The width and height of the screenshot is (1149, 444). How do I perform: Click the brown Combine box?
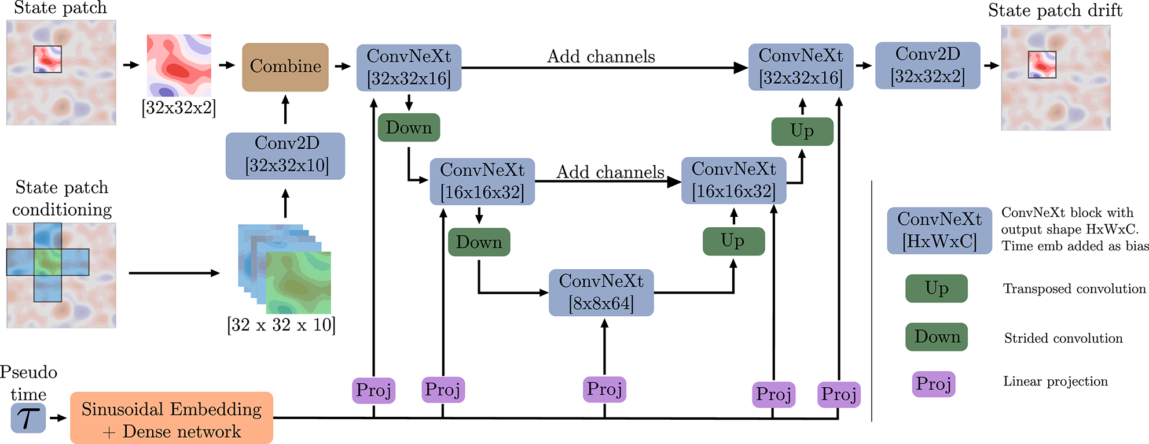[x=285, y=67]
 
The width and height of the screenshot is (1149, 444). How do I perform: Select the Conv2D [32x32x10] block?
[x=285, y=156]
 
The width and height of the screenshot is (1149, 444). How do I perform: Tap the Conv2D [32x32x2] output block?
[x=927, y=65]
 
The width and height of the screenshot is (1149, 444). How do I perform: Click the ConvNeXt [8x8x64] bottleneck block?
[x=601, y=293]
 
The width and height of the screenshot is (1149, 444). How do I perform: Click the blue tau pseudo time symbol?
[x=28, y=418]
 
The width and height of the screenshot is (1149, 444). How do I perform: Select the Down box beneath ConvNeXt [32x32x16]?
[x=409, y=128]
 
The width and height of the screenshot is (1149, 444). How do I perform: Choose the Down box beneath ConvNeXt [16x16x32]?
[x=479, y=242]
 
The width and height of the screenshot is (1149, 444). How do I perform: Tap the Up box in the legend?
[x=936, y=288]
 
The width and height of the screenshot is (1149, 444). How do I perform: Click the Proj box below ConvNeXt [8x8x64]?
[x=604, y=390]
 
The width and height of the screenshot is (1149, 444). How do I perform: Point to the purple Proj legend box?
[x=933, y=384]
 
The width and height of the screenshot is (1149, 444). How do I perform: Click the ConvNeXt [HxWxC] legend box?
[x=939, y=231]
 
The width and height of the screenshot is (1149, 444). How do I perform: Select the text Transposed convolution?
[x=1074, y=289]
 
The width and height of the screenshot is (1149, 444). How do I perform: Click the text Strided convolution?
[x=1063, y=339]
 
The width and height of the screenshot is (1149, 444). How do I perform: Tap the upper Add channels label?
[x=601, y=57]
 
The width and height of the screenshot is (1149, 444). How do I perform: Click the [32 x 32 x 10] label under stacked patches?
[x=281, y=325]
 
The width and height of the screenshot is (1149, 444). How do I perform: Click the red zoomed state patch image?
[x=179, y=65]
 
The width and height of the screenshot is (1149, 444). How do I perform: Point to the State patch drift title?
[x=1055, y=10]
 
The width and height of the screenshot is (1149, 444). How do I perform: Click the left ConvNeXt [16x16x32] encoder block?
[x=482, y=182]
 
